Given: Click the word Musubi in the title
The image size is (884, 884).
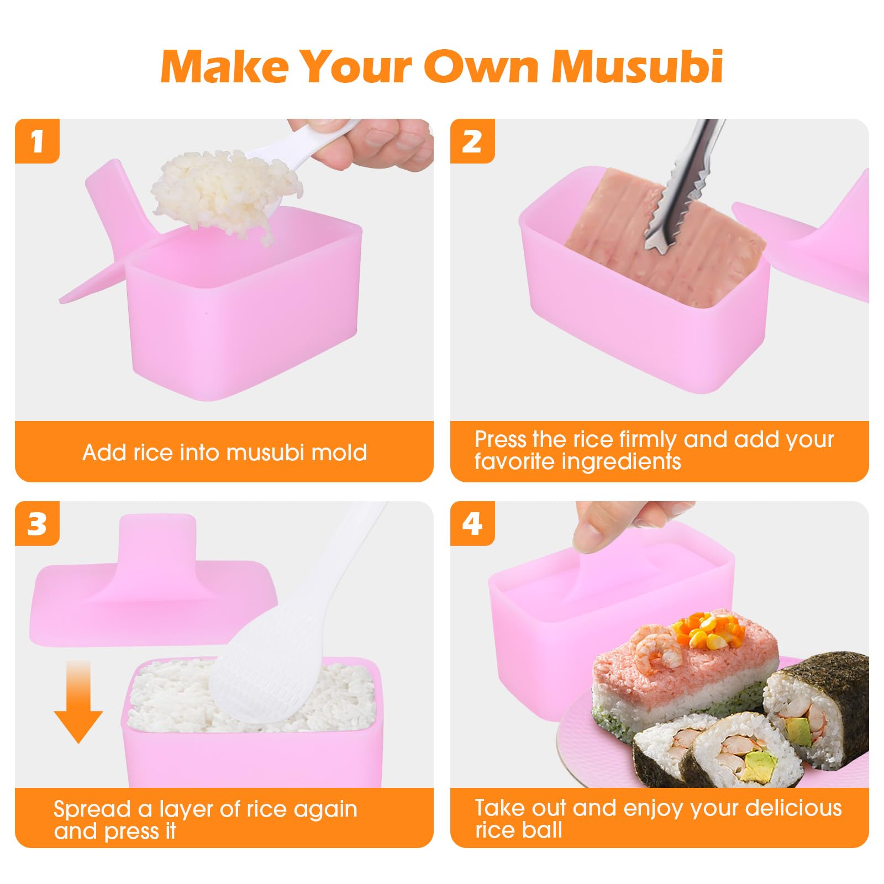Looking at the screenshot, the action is (638, 66).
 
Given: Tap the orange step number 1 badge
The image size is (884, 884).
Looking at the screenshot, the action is (37, 141).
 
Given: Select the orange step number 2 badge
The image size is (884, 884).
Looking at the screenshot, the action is (472, 141).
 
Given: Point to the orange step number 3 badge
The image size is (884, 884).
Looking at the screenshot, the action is (37, 523).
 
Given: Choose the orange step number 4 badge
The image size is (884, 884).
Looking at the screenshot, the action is (472, 523).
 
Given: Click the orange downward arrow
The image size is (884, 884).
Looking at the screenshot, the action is (78, 702).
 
